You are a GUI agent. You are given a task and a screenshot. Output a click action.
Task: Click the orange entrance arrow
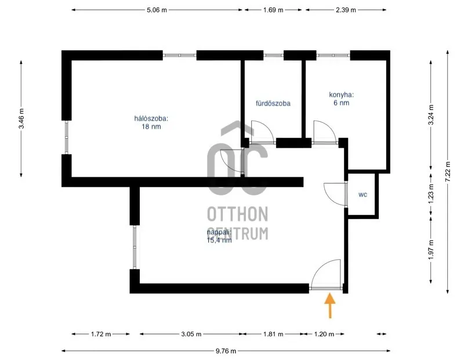click(x=329, y=306)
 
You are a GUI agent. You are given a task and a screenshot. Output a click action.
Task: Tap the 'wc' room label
click(x=362, y=195)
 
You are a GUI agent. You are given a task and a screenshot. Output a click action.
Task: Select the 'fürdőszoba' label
click(x=273, y=104)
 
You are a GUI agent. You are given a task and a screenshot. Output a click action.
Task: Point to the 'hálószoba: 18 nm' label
click(x=151, y=122)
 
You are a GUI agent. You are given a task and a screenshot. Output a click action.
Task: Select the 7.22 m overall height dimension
click(x=448, y=172)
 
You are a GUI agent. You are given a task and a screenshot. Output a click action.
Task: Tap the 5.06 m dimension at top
click(x=157, y=10)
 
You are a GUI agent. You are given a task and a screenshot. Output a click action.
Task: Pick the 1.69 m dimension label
click(x=273, y=10)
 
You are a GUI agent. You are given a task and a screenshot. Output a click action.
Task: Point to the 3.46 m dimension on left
click(x=21, y=119)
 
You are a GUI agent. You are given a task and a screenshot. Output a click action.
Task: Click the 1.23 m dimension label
click(x=430, y=191)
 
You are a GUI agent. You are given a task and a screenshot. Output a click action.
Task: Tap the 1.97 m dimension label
click(x=430, y=250)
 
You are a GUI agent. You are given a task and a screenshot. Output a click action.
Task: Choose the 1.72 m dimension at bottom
click(x=101, y=334)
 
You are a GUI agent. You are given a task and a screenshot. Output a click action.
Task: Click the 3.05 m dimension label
click(x=191, y=334)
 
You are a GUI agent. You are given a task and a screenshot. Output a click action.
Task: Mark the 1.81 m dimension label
click(x=273, y=334)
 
